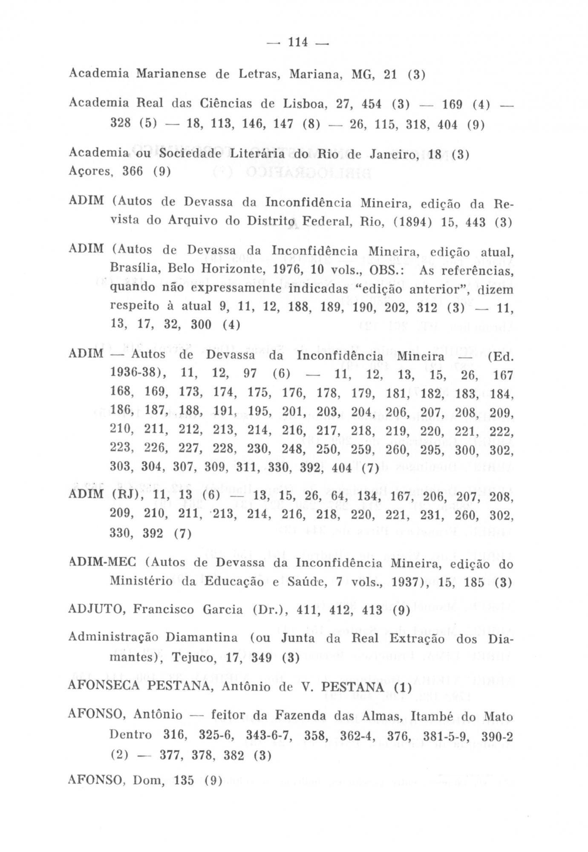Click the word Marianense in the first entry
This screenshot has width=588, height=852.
(x=171, y=74)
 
